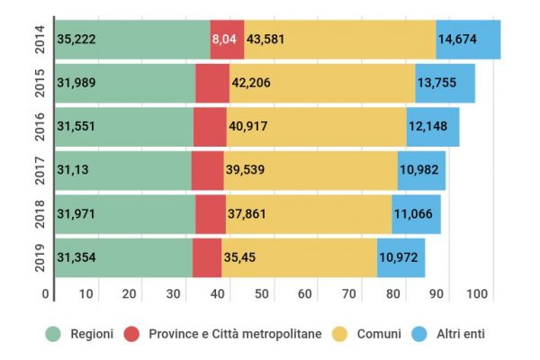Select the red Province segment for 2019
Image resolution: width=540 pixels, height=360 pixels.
[207, 257]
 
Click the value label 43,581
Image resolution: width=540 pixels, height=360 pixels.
[266, 40]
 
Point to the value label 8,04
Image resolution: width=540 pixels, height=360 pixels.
[225, 40]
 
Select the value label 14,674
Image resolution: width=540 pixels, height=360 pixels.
[458, 40]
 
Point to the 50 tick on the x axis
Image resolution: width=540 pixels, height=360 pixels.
[262, 293]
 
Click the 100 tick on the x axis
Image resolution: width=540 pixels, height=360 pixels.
[476, 293]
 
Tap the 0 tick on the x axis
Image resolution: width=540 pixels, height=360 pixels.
[45, 293]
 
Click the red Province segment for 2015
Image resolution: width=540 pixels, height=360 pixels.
[212, 83]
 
